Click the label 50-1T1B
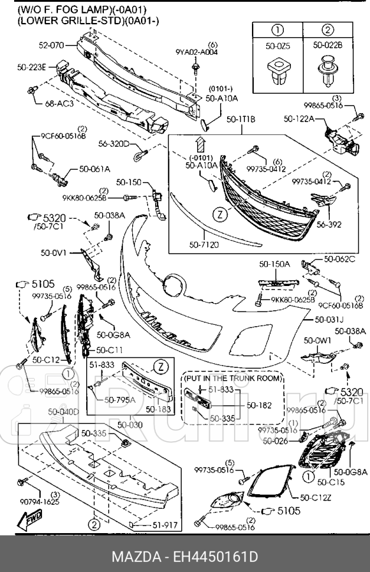tap(241, 119)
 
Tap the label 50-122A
tap(299, 119)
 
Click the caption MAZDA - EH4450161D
tap(185, 557)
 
